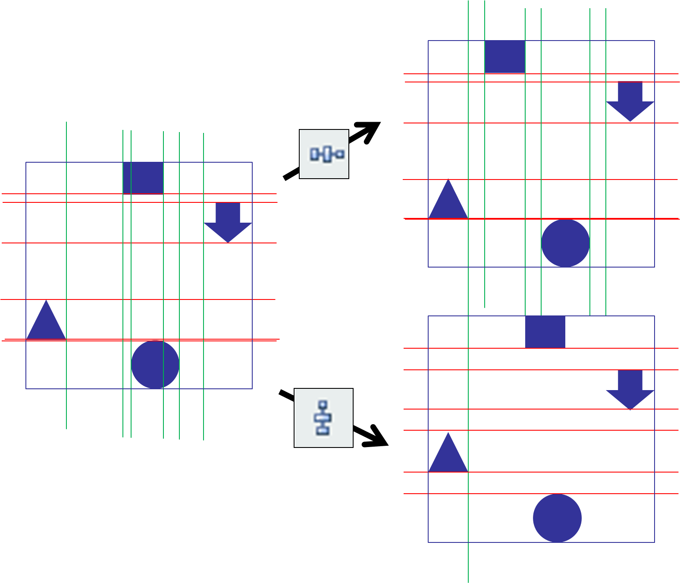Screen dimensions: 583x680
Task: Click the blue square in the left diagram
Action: pyautogui.click(x=143, y=178)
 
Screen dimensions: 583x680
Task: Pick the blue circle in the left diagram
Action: pyautogui.click(x=155, y=365)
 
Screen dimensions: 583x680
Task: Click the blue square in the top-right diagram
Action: pyautogui.click(x=505, y=57)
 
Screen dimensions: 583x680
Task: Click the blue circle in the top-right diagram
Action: pyautogui.click(x=565, y=243)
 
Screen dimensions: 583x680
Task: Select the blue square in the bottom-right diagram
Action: pyautogui.click(x=545, y=332)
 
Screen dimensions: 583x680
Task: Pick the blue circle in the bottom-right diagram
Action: pyautogui.click(x=557, y=518)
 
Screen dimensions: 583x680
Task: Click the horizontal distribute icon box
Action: pyautogui.click(x=324, y=154)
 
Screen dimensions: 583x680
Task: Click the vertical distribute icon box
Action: pyautogui.click(x=323, y=418)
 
